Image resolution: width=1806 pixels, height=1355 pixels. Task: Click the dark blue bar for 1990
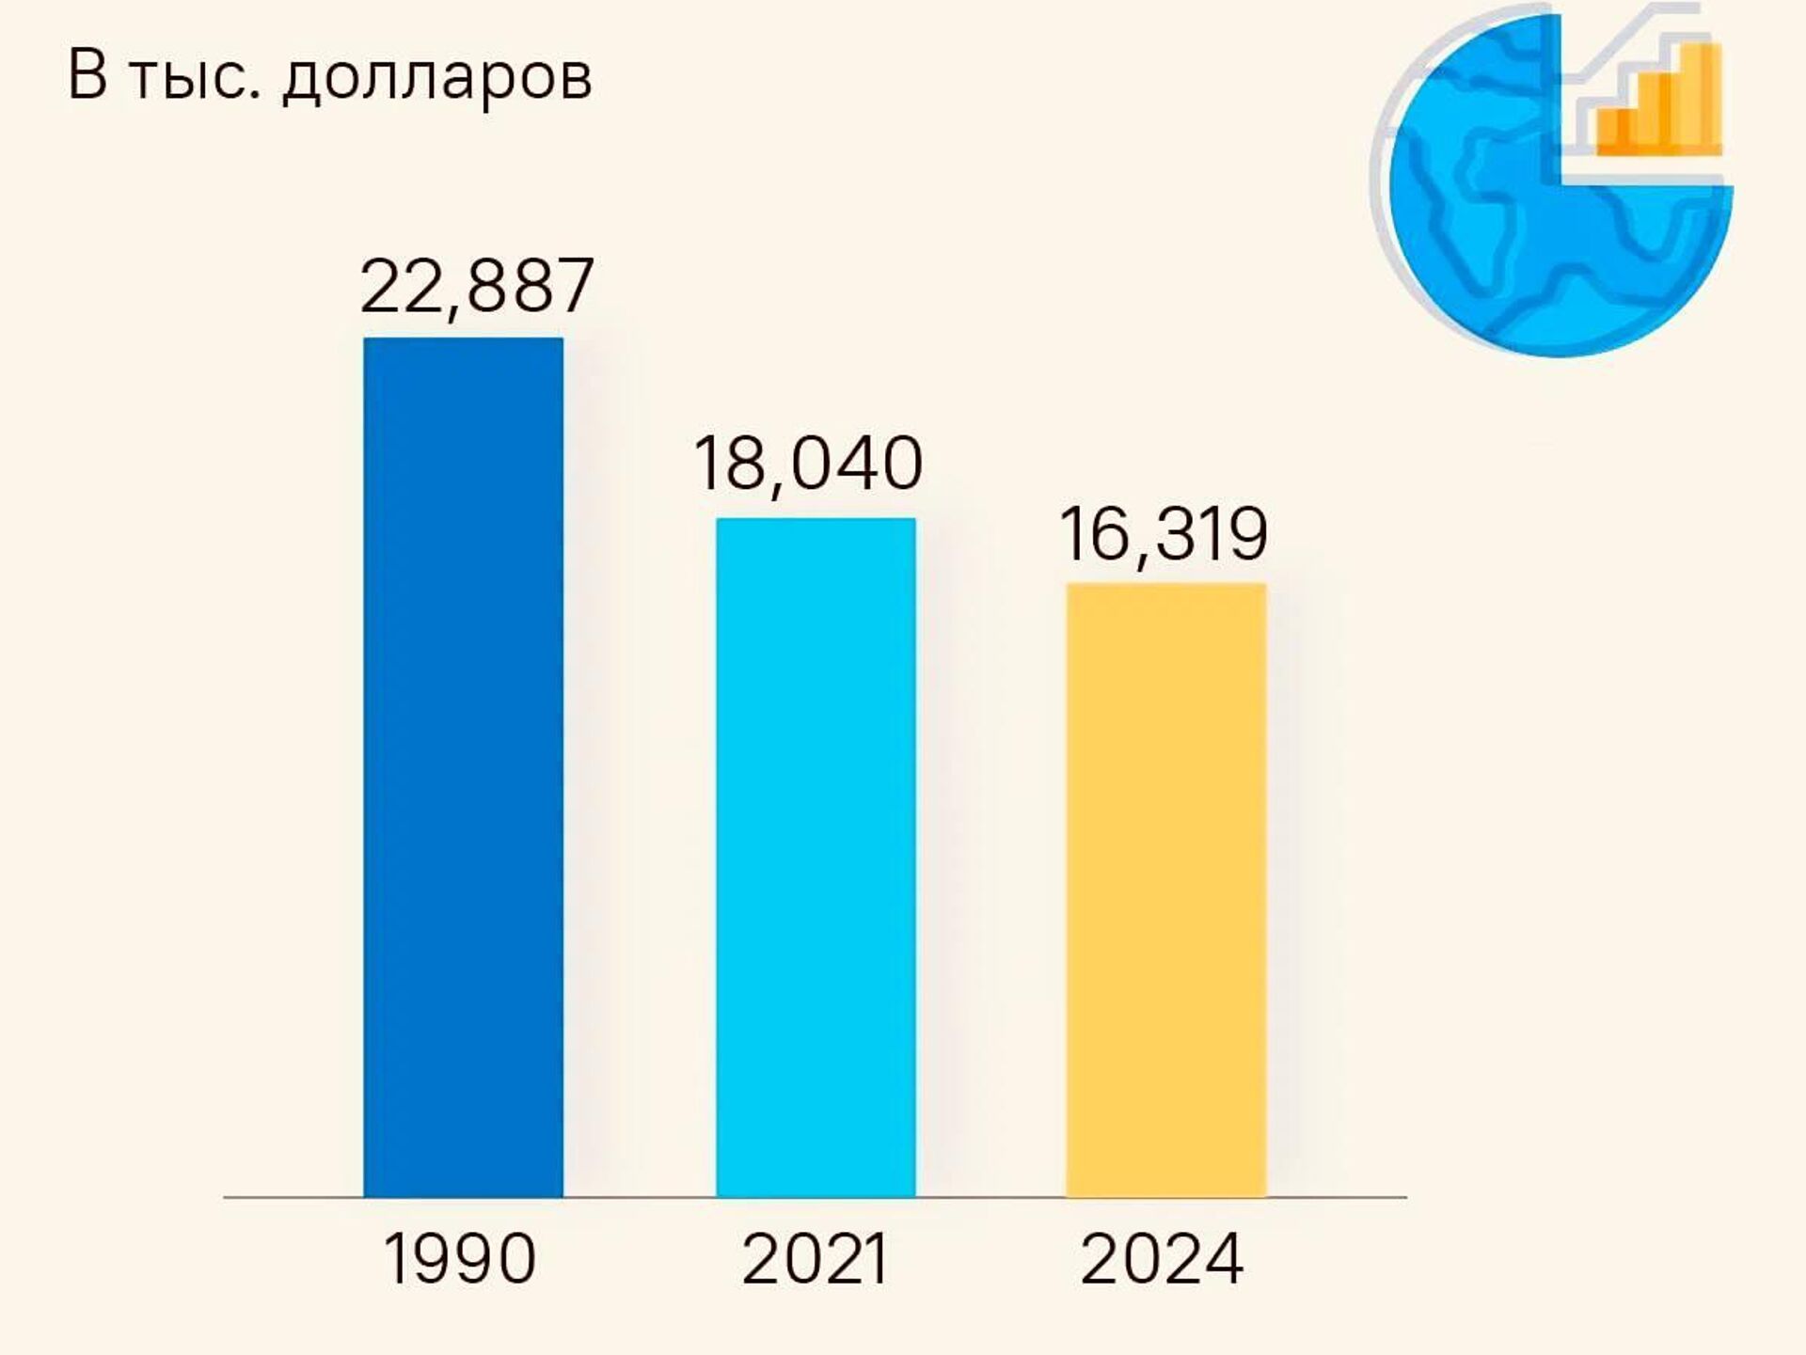click(463, 766)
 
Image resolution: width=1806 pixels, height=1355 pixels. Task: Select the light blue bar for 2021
click(816, 857)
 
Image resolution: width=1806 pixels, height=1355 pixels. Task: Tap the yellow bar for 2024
click(1165, 890)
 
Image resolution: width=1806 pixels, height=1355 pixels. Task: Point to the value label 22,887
click(477, 286)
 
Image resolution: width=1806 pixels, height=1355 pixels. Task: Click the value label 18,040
click(808, 464)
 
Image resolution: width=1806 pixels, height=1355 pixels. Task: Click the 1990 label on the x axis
click(460, 1259)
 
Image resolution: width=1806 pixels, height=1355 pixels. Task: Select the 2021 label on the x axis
click(815, 1259)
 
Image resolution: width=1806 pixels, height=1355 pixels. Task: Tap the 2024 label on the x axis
click(1163, 1259)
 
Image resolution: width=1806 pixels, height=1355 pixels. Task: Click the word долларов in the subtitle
click(437, 75)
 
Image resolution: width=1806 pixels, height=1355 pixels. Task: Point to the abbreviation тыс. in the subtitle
click(193, 75)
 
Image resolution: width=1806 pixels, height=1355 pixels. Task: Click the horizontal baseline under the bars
click(815, 1197)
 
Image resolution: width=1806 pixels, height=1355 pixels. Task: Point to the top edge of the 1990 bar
click(463, 339)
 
